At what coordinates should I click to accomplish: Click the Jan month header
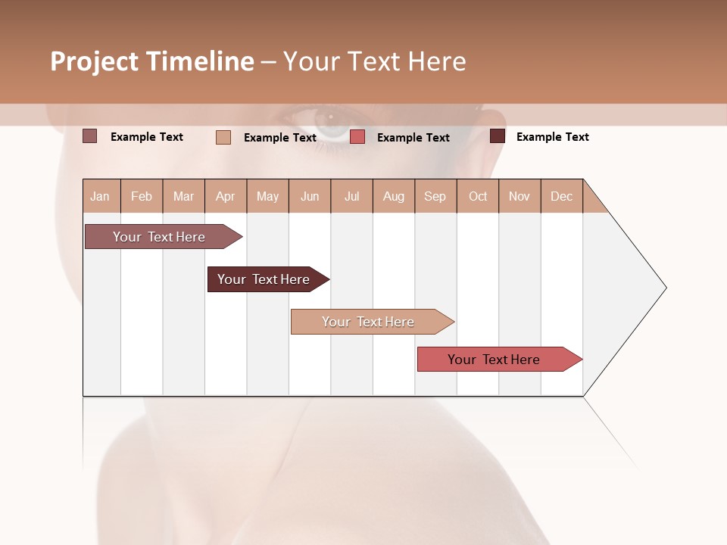point(100,196)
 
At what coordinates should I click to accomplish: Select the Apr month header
point(225,196)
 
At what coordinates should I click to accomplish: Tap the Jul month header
point(351,196)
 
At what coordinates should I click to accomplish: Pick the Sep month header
point(435,196)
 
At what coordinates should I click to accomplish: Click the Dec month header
point(561,196)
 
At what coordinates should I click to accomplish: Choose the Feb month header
point(142,196)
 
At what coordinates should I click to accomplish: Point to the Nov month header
point(519,196)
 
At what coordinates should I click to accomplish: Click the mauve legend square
point(90,136)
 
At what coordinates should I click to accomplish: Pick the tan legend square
point(223,137)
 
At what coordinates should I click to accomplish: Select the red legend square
point(357,137)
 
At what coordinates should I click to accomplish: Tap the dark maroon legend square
point(498,136)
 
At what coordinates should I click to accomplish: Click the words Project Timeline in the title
point(151,61)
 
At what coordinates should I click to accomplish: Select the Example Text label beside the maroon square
point(552,137)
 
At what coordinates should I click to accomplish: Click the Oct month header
point(478,196)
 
